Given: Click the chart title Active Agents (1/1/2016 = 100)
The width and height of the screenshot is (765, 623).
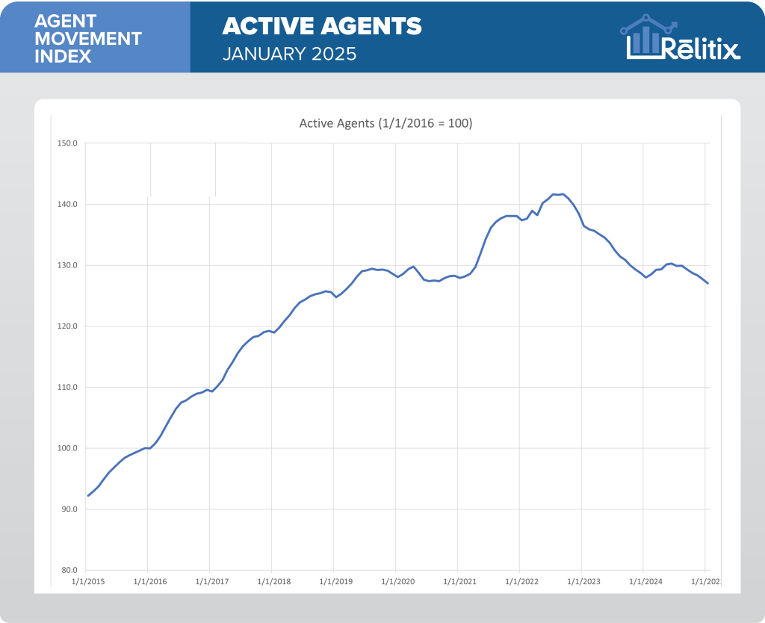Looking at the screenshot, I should click(385, 123).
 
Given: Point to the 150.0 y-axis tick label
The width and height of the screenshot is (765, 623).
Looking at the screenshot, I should click(68, 143).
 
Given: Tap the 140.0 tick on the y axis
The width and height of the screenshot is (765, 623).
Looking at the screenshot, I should click(68, 205).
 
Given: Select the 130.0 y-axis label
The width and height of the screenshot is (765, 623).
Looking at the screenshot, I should click(68, 265).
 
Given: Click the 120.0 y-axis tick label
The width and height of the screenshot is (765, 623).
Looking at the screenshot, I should click(68, 326).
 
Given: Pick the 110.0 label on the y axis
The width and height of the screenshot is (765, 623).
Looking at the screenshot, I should click(68, 388).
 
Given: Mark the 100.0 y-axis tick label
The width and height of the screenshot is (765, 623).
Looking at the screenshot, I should click(68, 448).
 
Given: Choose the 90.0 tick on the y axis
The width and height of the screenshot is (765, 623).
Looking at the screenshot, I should click(69, 509).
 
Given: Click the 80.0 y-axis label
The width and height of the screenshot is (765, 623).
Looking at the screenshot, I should click(69, 570).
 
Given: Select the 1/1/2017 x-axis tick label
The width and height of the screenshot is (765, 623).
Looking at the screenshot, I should click(210, 580).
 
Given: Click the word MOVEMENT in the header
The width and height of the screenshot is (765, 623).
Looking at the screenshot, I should click(88, 39).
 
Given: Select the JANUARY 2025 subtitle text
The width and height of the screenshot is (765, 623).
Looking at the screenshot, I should click(289, 55).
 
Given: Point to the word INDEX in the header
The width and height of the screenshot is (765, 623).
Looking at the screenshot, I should click(63, 57).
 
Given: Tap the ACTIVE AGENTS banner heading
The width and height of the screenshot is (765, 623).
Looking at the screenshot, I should click(322, 27).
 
